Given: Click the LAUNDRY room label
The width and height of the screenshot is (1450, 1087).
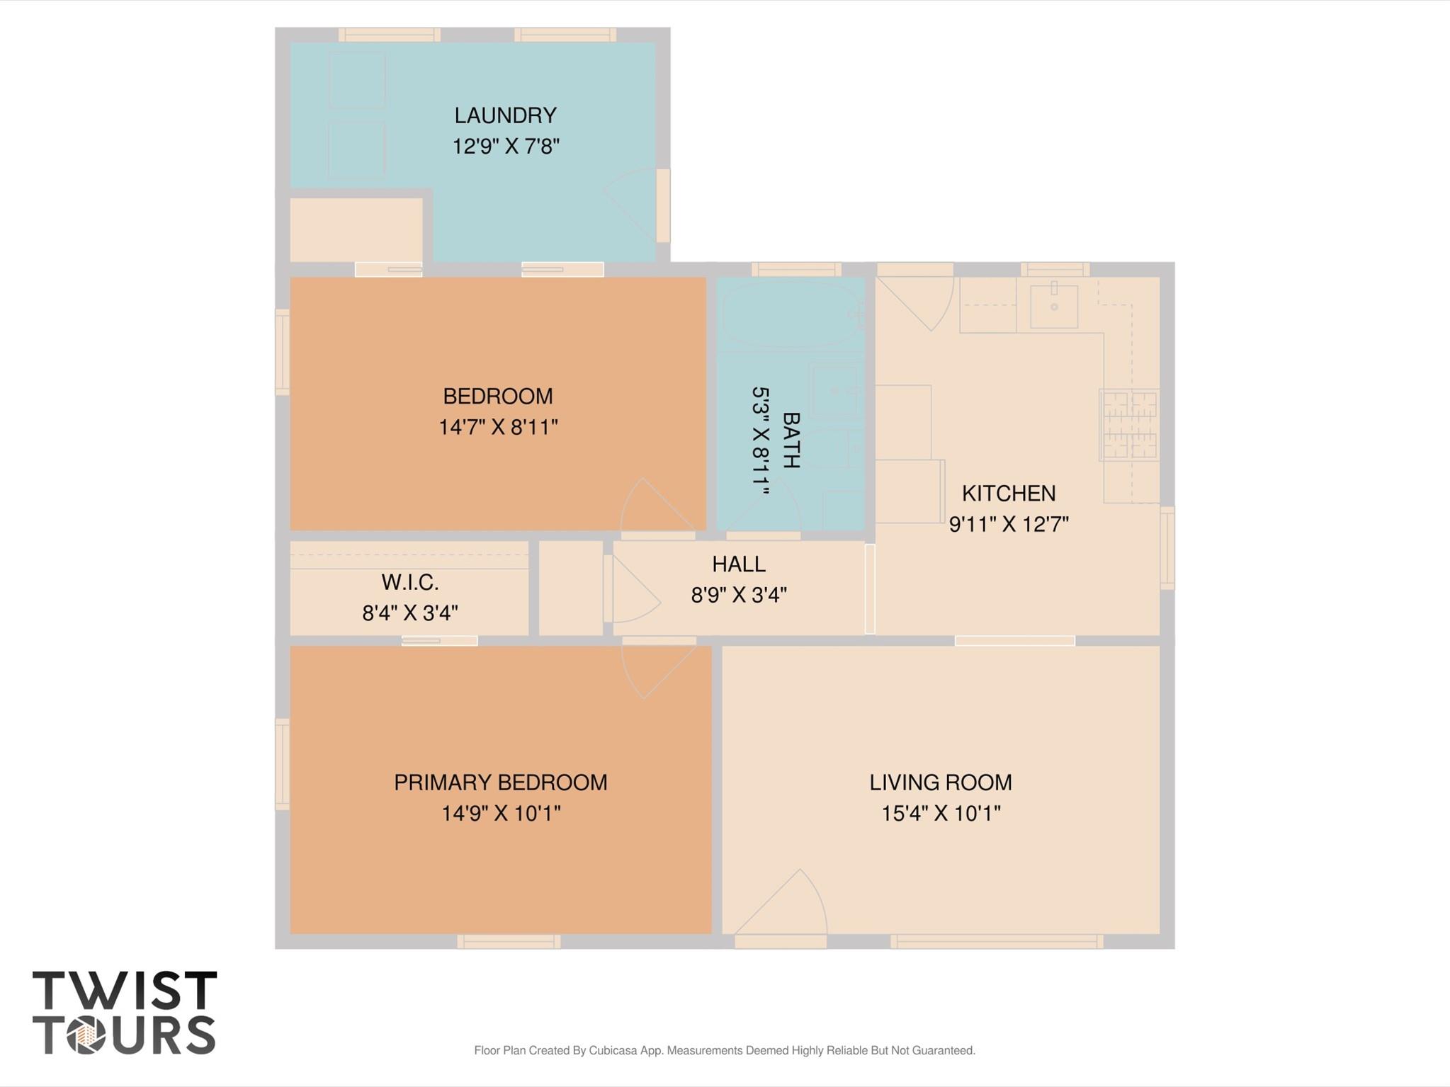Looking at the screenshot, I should (505, 115).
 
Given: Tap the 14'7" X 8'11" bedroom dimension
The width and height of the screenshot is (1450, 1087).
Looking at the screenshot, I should (498, 427).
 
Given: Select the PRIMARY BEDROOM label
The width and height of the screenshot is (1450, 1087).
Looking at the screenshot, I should (500, 782).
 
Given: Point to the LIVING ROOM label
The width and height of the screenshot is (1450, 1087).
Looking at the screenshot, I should (940, 782).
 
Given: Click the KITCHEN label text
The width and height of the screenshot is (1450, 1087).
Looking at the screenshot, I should (1008, 493).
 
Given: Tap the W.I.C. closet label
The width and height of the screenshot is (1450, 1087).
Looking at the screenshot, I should (410, 582).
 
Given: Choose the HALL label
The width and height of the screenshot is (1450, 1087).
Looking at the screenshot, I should (738, 564).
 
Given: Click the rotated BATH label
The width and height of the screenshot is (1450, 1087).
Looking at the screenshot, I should (791, 440).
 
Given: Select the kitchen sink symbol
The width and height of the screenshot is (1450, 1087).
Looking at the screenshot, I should (1053, 306).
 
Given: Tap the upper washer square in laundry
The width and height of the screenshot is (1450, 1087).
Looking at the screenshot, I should (356, 80).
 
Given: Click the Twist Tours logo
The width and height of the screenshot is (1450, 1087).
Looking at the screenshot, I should (124, 1013).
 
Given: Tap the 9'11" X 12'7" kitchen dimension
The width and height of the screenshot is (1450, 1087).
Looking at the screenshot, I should (1008, 524).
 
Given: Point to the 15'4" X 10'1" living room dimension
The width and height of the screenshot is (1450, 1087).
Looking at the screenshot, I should (940, 813).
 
